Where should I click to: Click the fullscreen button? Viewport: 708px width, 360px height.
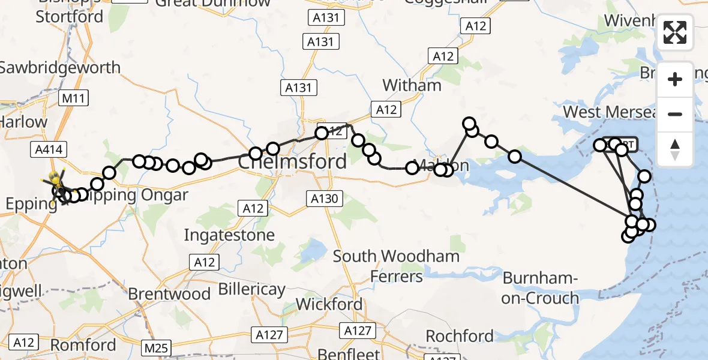(x=675, y=32)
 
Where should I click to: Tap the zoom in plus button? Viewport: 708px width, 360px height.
(x=675, y=80)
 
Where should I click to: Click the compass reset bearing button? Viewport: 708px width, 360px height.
(x=675, y=149)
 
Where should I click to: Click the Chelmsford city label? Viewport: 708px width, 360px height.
(x=293, y=161)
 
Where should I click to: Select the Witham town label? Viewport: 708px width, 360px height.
(x=412, y=85)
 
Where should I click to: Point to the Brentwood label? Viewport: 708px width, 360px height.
(x=169, y=294)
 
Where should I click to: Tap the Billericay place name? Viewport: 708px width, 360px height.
(x=251, y=289)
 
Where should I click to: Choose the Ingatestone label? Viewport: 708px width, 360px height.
(x=229, y=235)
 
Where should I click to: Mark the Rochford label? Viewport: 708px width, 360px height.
(x=460, y=335)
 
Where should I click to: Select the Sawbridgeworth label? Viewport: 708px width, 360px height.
(x=60, y=67)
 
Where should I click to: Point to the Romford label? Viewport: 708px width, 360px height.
(x=83, y=345)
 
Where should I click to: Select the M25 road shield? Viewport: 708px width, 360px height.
(x=157, y=347)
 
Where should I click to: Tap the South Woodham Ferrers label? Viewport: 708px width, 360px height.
(x=396, y=266)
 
